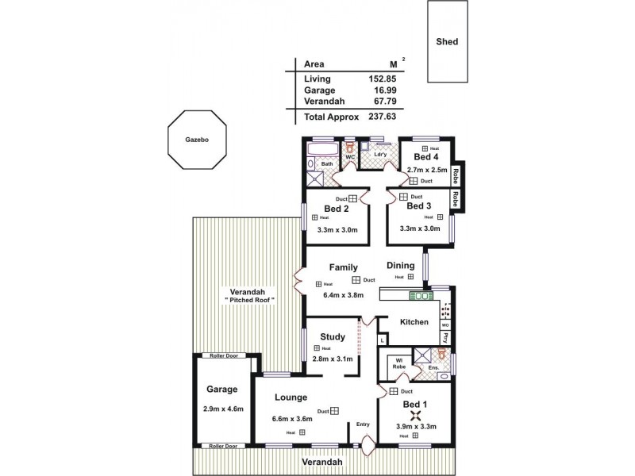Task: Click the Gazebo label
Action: coord(197,139)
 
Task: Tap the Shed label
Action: coord(447,42)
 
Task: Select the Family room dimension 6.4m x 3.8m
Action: coord(343,294)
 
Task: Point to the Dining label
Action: coord(401,266)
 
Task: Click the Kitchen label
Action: coord(414,322)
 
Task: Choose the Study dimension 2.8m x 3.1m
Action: coord(332,359)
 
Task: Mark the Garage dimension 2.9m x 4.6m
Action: coord(222,409)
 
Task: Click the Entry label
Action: coord(363,424)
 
